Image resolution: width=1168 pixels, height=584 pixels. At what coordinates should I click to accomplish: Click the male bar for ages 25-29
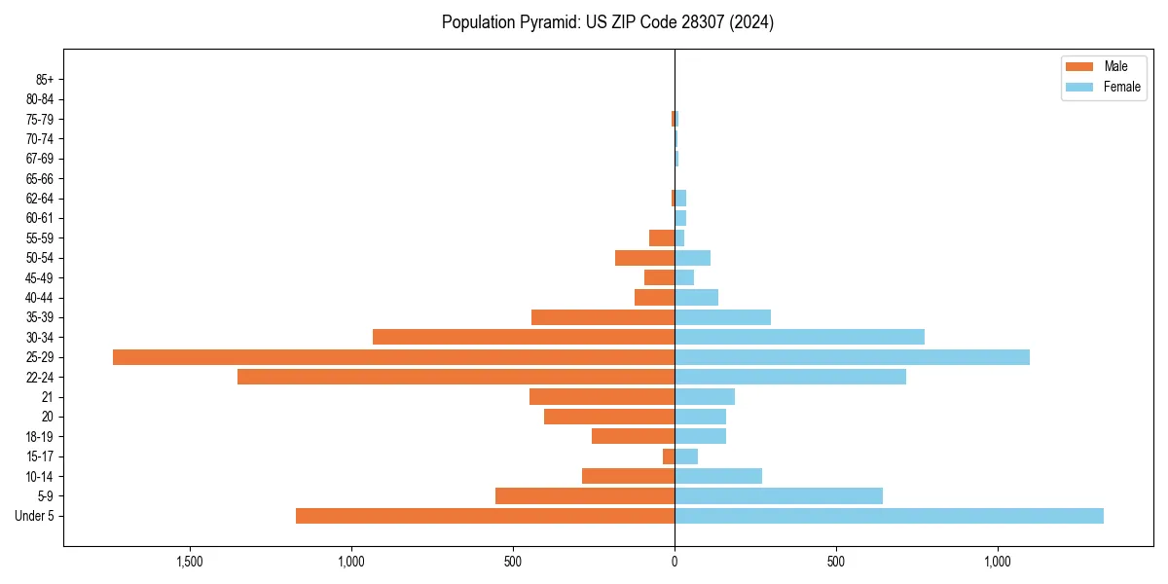pos(393,357)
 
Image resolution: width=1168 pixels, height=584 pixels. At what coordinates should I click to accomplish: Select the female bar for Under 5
pos(889,516)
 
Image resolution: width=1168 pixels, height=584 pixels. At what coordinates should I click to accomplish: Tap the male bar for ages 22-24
pos(456,377)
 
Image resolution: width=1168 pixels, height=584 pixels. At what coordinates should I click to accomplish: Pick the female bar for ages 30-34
pos(799,337)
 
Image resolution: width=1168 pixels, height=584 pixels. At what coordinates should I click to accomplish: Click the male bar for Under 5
pos(485,516)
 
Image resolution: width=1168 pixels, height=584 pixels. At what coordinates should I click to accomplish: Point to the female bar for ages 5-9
pos(779,496)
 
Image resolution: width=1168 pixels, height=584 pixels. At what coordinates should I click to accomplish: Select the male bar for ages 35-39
pos(602,317)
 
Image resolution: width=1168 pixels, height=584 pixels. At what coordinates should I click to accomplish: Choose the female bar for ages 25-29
pos(852,357)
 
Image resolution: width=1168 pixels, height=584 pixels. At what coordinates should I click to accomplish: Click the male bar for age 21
pos(602,397)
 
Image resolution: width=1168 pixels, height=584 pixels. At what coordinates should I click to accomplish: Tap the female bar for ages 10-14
pos(718,476)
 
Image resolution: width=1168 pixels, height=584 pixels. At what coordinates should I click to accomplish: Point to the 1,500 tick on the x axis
pos(189,563)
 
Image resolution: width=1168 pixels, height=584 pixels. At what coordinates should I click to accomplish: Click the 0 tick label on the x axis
pos(675,563)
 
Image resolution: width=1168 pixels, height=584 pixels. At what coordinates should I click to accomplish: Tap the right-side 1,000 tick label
pos(998,563)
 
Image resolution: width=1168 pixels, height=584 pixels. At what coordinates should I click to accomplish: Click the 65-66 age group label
pos(40,178)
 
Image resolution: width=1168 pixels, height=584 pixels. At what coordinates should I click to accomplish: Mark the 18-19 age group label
pos(40,437)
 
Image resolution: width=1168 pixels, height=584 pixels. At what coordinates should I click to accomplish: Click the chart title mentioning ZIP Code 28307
pos(607,22)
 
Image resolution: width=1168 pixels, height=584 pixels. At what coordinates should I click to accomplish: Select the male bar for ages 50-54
pos(644,258)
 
